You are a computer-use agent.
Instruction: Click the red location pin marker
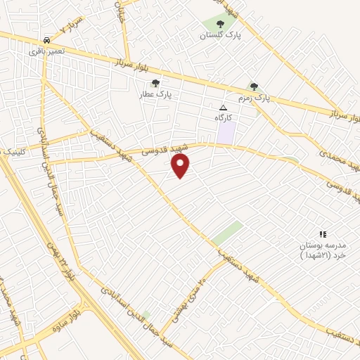[x=181, y=166]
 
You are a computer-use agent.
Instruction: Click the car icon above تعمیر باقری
[x=46, y=40]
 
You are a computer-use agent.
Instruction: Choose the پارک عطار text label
[x=157, y=93]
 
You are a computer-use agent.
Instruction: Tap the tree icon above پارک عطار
[x=156, y=82]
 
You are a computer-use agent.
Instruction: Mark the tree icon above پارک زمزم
[x=254, y=86]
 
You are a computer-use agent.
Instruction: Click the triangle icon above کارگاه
[x=224, y=108]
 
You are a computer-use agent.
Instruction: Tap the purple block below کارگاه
[x=226, y=133]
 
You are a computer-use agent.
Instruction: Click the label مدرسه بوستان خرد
[x=323, y=250]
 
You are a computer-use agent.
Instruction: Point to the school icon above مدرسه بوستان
[x=323, y=234]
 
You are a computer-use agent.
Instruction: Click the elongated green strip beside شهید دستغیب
[x=228, y=232]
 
